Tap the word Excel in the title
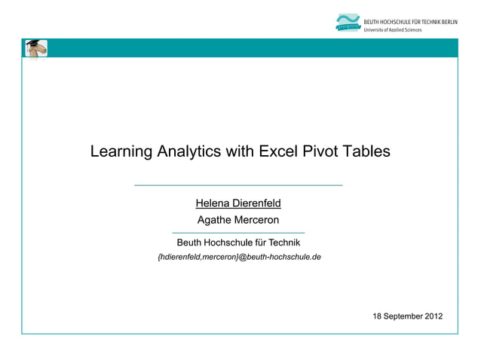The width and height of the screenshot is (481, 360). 278,152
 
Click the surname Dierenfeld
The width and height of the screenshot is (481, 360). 258,203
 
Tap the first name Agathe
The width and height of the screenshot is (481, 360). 214,221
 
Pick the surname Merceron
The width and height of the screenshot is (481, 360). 256,221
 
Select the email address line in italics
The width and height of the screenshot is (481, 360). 239,258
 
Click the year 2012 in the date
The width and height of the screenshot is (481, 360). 432,316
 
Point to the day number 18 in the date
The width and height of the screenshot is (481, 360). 378,316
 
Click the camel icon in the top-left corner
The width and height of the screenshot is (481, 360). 35,49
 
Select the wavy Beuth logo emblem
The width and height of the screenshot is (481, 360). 348,23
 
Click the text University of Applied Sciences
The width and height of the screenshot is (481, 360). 393,29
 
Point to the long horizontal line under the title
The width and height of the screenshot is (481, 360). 237,185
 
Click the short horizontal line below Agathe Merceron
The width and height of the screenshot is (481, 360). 238,233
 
